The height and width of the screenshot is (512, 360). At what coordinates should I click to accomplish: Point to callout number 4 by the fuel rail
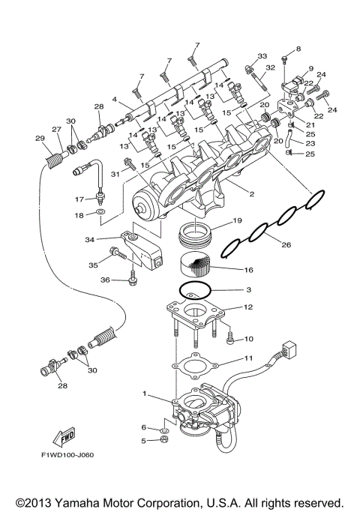point(114,99)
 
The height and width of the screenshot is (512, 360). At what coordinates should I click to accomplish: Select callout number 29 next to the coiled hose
point(40,137)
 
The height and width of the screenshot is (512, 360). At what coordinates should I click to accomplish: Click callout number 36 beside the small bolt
point(106,280)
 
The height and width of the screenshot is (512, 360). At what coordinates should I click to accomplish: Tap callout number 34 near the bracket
point(109,239)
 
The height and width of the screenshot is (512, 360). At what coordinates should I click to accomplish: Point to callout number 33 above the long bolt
point(262,56)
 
